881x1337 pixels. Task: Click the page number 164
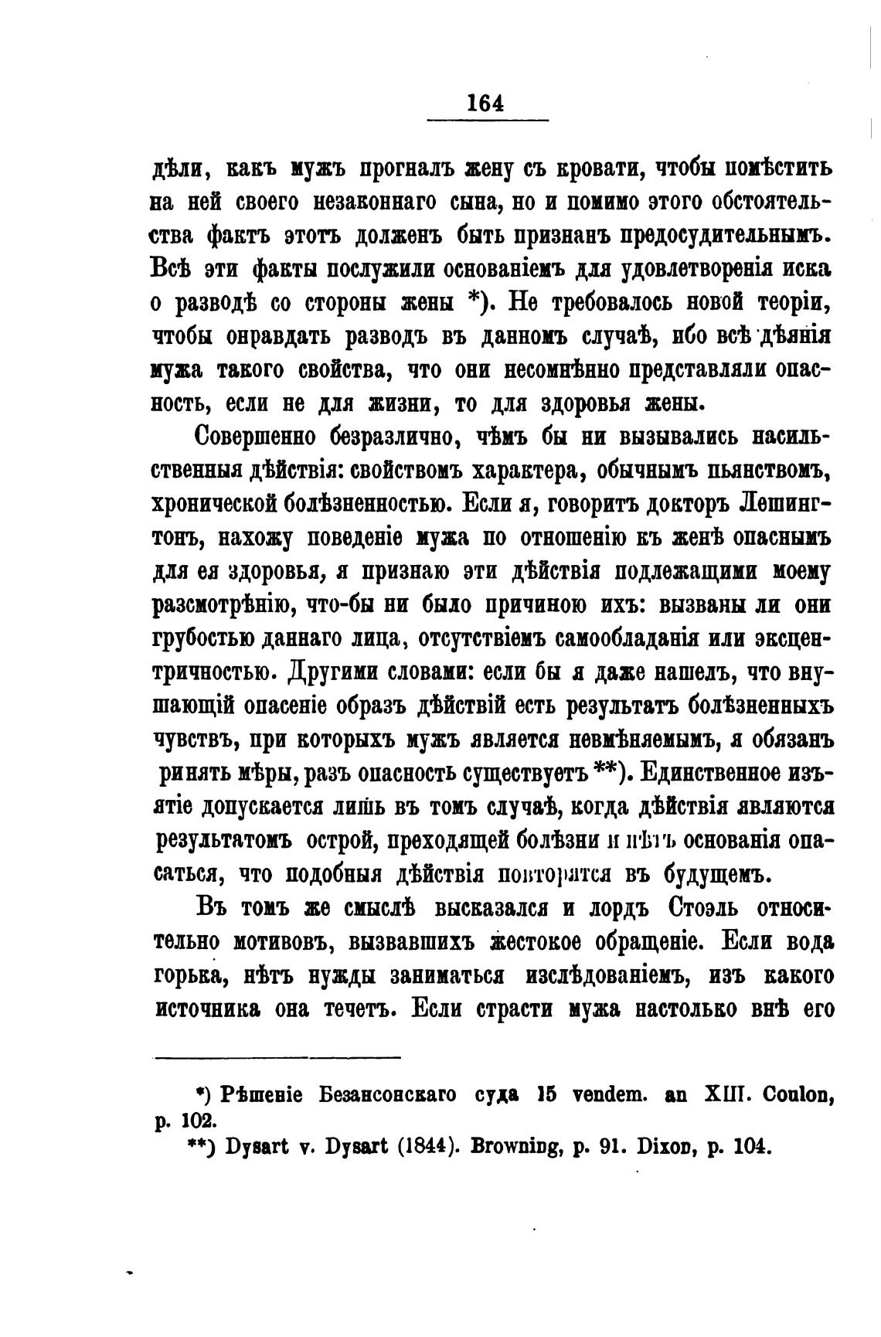coord(485,103)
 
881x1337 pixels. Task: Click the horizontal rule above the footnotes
coord(277,1057)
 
